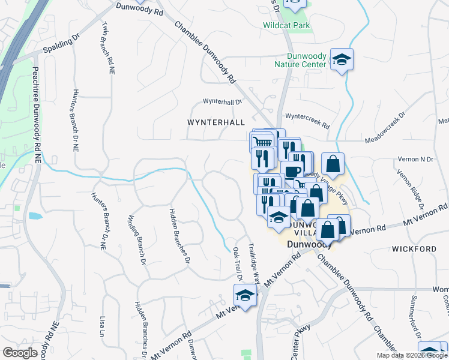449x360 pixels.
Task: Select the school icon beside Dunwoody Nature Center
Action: coord(342,59)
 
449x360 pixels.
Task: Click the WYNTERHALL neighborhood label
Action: coord(217,122)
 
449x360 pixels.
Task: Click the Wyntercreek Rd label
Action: coord(308,121)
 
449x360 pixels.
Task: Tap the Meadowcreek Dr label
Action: coord(387,127)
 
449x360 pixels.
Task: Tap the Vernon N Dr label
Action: coord(415,159)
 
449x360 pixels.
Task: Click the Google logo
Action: coord(20,353)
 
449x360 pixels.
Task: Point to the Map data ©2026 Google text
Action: coord(412,355)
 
